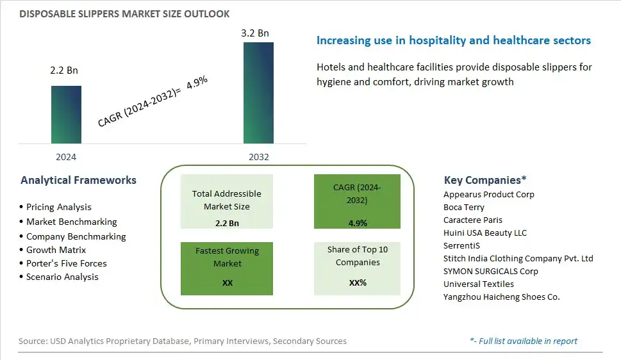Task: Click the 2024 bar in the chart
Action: [x=66, y=115]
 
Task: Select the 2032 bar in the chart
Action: [x=258, y=93]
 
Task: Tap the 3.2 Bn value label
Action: [x=255, y=33]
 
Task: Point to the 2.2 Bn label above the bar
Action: [x=64, y=70]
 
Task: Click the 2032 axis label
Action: [x=259, y=157]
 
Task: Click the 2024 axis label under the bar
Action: [x=66, y=157]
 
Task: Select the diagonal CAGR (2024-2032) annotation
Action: [x=153, y=101]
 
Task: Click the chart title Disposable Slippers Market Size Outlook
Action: [x=124, y=14]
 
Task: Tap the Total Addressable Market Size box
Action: [x=226, y=201]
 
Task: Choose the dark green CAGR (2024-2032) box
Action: [x=357, y=201]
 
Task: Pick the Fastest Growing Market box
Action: [x=226, y=268]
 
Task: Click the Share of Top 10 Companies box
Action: [x=357, y=268]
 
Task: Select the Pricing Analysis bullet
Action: [x=56, y=207]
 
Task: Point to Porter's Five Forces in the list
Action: [x=63, y=263]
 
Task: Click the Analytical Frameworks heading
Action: [x=78, y=180]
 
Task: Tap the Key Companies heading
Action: [x=485, y=180]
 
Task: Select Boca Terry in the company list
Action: [x=464, y=207]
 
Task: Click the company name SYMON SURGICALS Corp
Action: [x=491, y=272]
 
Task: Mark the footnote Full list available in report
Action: [x=524, y=341]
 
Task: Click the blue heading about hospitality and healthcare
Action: [x=454, y=40]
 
